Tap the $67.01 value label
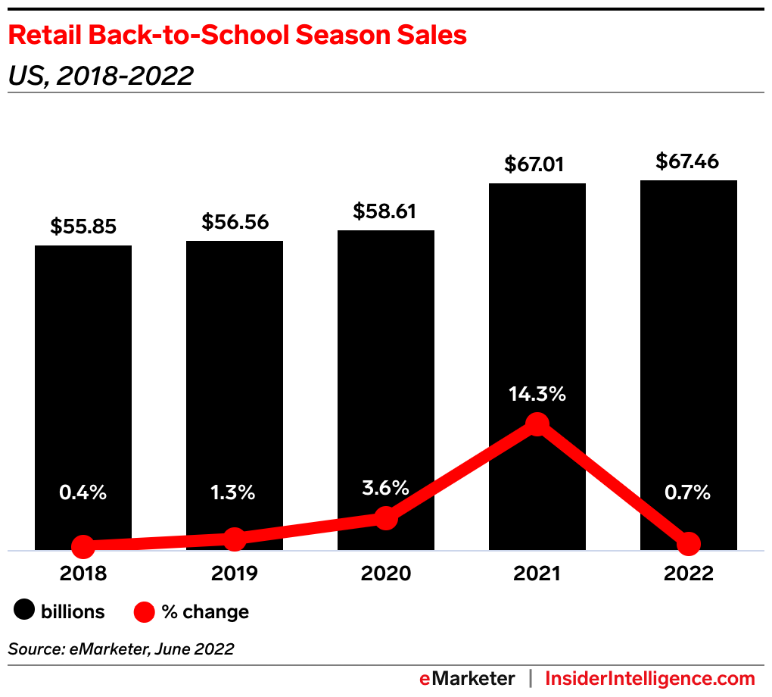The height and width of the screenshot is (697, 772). tap(537, 164)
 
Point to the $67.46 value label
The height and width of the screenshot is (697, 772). tap(688, 161)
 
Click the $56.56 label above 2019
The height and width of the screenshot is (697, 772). tap(235, 222)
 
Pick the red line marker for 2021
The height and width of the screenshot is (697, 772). tap(537, 424)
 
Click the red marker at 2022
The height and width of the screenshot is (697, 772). tap(689, 543)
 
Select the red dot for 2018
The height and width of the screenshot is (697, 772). tap(83, 545)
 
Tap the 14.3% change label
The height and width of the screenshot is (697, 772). tap(537, 394)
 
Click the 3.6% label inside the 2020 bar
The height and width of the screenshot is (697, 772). tap(385, 487)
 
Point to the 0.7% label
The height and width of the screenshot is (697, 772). tap(688, 492)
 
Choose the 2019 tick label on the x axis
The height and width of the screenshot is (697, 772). tap(235, 574)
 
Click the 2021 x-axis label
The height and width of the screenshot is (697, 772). tap(537, 574)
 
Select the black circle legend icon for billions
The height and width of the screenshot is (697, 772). tap(25, 611)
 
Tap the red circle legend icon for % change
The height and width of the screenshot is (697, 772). tap(145, 611)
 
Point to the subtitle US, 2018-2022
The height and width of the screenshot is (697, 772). tap(101, 75)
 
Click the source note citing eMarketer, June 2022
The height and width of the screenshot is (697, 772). tap(121, 649)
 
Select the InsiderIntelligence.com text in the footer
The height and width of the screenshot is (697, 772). tap(650, 678)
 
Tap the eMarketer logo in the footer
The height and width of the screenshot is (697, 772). tap(467, 678)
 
